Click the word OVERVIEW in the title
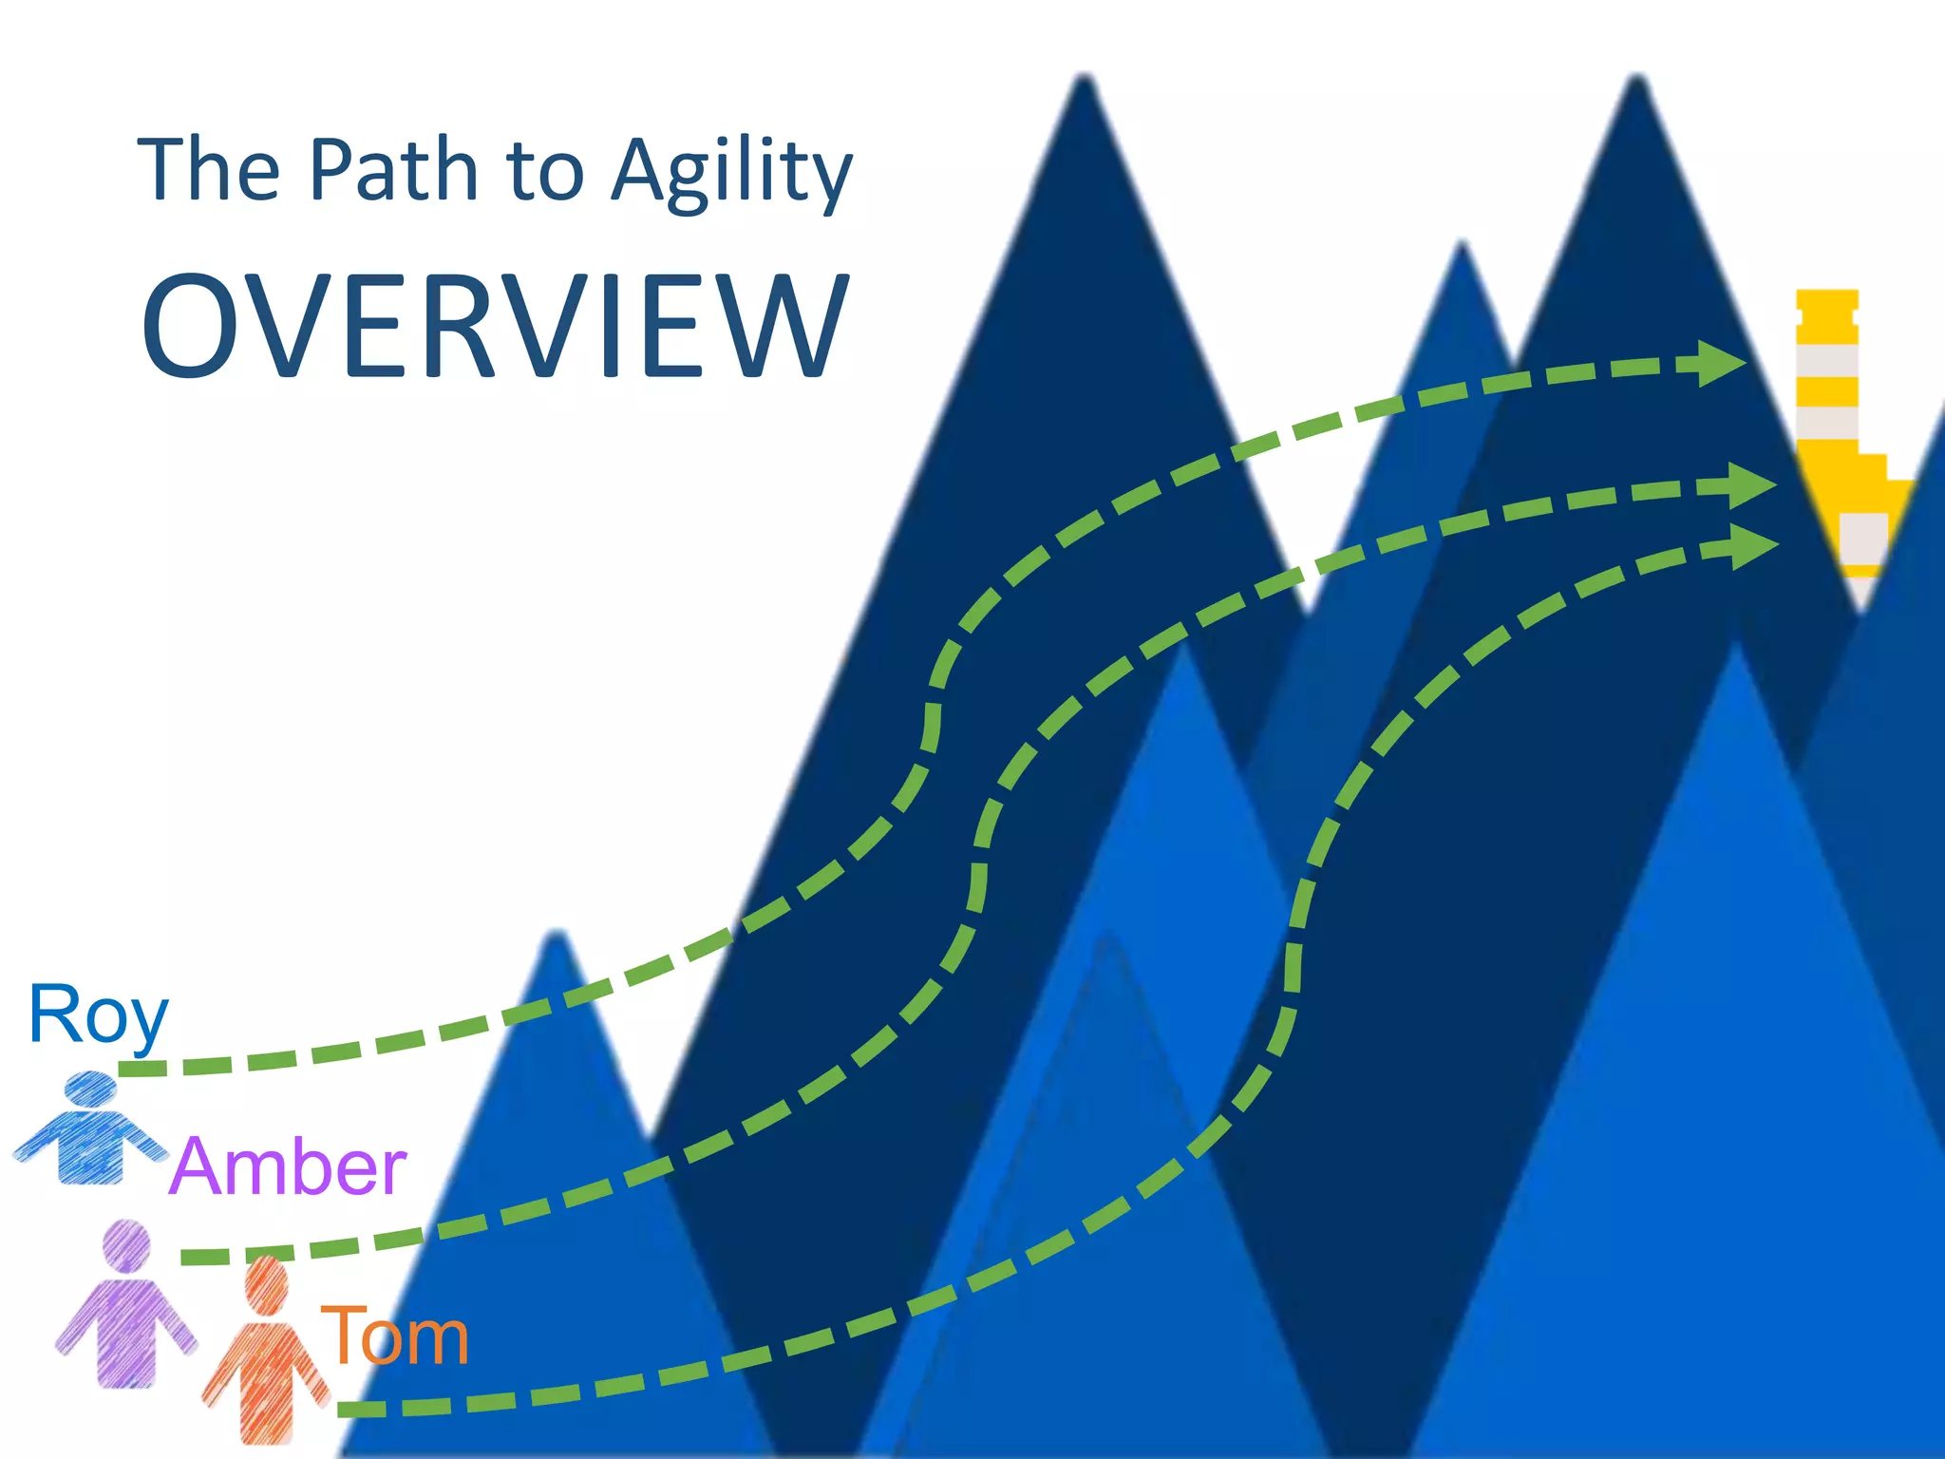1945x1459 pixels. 494,326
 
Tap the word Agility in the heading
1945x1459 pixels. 731,171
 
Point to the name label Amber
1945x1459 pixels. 288,1166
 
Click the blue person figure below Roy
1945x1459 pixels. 91,1130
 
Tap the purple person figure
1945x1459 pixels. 125,1306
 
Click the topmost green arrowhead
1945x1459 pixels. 1719,363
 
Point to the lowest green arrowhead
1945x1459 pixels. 1752,546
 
